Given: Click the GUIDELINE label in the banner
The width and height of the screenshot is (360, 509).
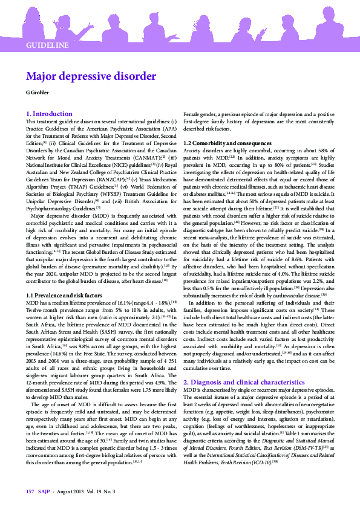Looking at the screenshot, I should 47,45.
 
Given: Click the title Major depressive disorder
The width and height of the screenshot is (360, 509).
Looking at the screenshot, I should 91,77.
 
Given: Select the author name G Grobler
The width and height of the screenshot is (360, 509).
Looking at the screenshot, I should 38,92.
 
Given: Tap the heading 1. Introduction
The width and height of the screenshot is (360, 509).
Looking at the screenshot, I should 49,114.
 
